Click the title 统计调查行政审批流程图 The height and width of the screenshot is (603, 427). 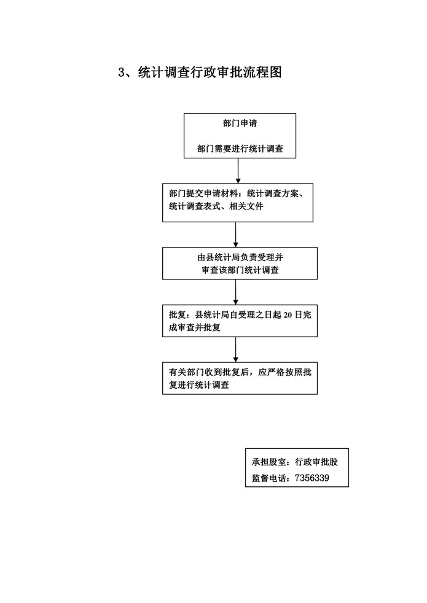(x=210, y=72)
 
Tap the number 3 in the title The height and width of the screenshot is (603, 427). (x=122, y=72)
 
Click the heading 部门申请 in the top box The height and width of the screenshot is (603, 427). (x=240, y=123)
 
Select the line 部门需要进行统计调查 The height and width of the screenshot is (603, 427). (x=240, y=149)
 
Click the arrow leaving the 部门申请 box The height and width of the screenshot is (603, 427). (x=238, y=171)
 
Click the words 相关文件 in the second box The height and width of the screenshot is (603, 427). (x=246, y=206)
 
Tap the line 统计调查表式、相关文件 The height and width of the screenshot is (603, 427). (x=216, y=206)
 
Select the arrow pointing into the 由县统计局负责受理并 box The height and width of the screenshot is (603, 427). (x=236, y=235)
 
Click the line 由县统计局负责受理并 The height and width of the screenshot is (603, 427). (x=240, y=257)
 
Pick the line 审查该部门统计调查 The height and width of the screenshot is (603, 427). (x=240, y=270)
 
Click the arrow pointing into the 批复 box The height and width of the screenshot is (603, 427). (x=236, y=292)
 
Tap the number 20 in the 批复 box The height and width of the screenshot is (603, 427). (x=288, y=315)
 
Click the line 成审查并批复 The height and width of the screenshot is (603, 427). (x=195, y=328)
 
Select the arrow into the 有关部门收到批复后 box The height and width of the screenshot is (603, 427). (x=236, y=349)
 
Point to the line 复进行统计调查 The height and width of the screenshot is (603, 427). (x=199, y=385)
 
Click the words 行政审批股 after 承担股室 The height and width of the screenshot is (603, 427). (x=316, y=462)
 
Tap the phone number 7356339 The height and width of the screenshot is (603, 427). (x=312, y=478)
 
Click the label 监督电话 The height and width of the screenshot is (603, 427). (x=268, y=478)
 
